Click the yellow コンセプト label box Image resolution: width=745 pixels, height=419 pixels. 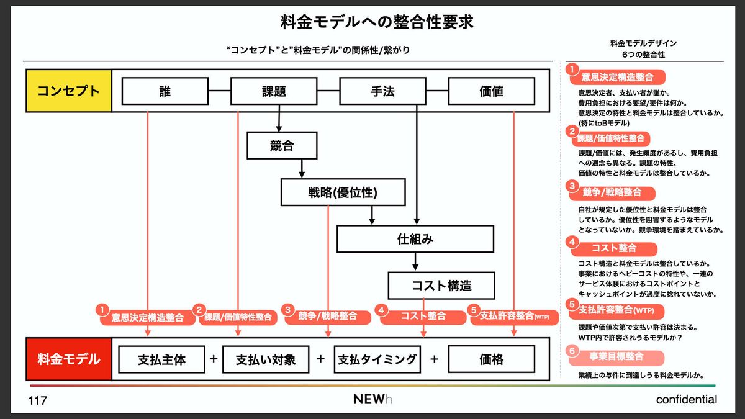68,91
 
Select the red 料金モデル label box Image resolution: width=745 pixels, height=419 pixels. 68,359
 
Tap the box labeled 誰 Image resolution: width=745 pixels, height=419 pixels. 165,91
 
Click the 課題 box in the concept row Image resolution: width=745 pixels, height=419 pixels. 274,91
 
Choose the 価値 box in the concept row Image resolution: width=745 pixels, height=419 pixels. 491,91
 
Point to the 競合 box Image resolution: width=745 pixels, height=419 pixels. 281,146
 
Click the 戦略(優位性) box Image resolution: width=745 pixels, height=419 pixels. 343,192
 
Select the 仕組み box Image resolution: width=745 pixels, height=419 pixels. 415,238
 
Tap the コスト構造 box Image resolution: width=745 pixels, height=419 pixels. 441,286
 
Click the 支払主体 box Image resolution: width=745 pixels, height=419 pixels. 162,359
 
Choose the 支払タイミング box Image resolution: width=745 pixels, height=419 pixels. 377,359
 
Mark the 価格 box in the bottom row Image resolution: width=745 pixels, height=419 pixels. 491,359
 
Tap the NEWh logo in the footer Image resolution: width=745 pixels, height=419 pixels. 372,399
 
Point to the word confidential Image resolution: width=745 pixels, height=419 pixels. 686,400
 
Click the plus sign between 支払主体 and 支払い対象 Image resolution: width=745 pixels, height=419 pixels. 214,359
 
